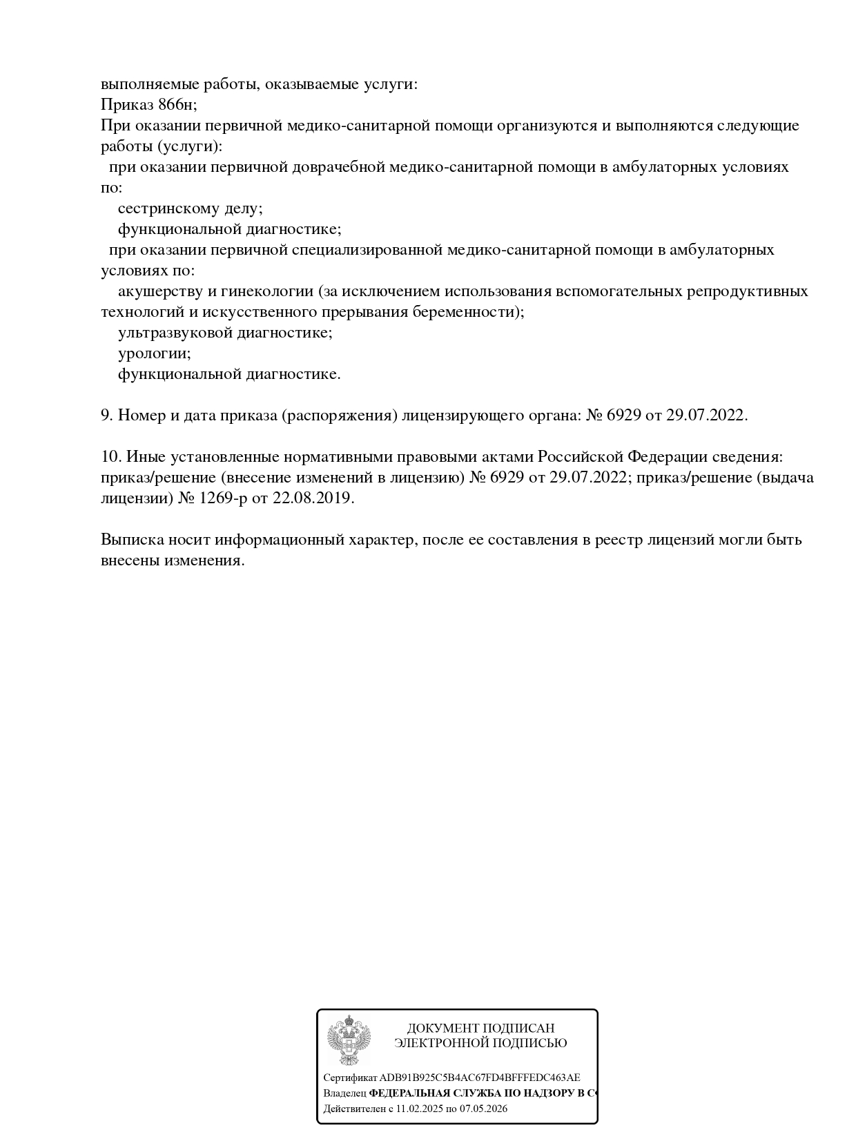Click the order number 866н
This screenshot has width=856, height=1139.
pos(177,105)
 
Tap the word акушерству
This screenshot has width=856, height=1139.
pos(160,291)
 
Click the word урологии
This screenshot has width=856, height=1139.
pos(154,353)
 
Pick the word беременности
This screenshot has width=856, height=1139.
pos(467,312)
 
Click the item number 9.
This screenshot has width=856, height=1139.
pos(106,416)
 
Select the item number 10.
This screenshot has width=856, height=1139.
pos(110,457)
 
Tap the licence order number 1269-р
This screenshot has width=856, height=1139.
pos(222,498)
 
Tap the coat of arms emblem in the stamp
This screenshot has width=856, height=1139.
pos(349,1040)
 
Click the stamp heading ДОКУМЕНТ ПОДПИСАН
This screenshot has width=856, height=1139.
pos(480,1029)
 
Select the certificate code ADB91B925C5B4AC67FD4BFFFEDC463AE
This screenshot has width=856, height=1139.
pos(480,1078)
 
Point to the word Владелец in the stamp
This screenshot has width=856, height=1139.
pos(344,1093)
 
